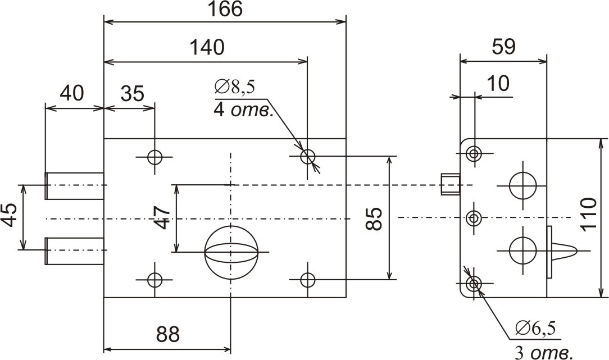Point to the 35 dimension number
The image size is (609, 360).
pos(133,93)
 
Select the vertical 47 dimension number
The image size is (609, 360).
pos(162,217)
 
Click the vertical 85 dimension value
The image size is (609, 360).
pos(375,217)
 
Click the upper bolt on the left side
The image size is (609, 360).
pos(74,185)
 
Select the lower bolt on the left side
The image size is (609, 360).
pos(74,250)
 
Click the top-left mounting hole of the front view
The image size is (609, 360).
pos(154,157)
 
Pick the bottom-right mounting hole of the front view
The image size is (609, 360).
pos(307,279)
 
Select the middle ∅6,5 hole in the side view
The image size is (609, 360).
pos(475,218)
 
